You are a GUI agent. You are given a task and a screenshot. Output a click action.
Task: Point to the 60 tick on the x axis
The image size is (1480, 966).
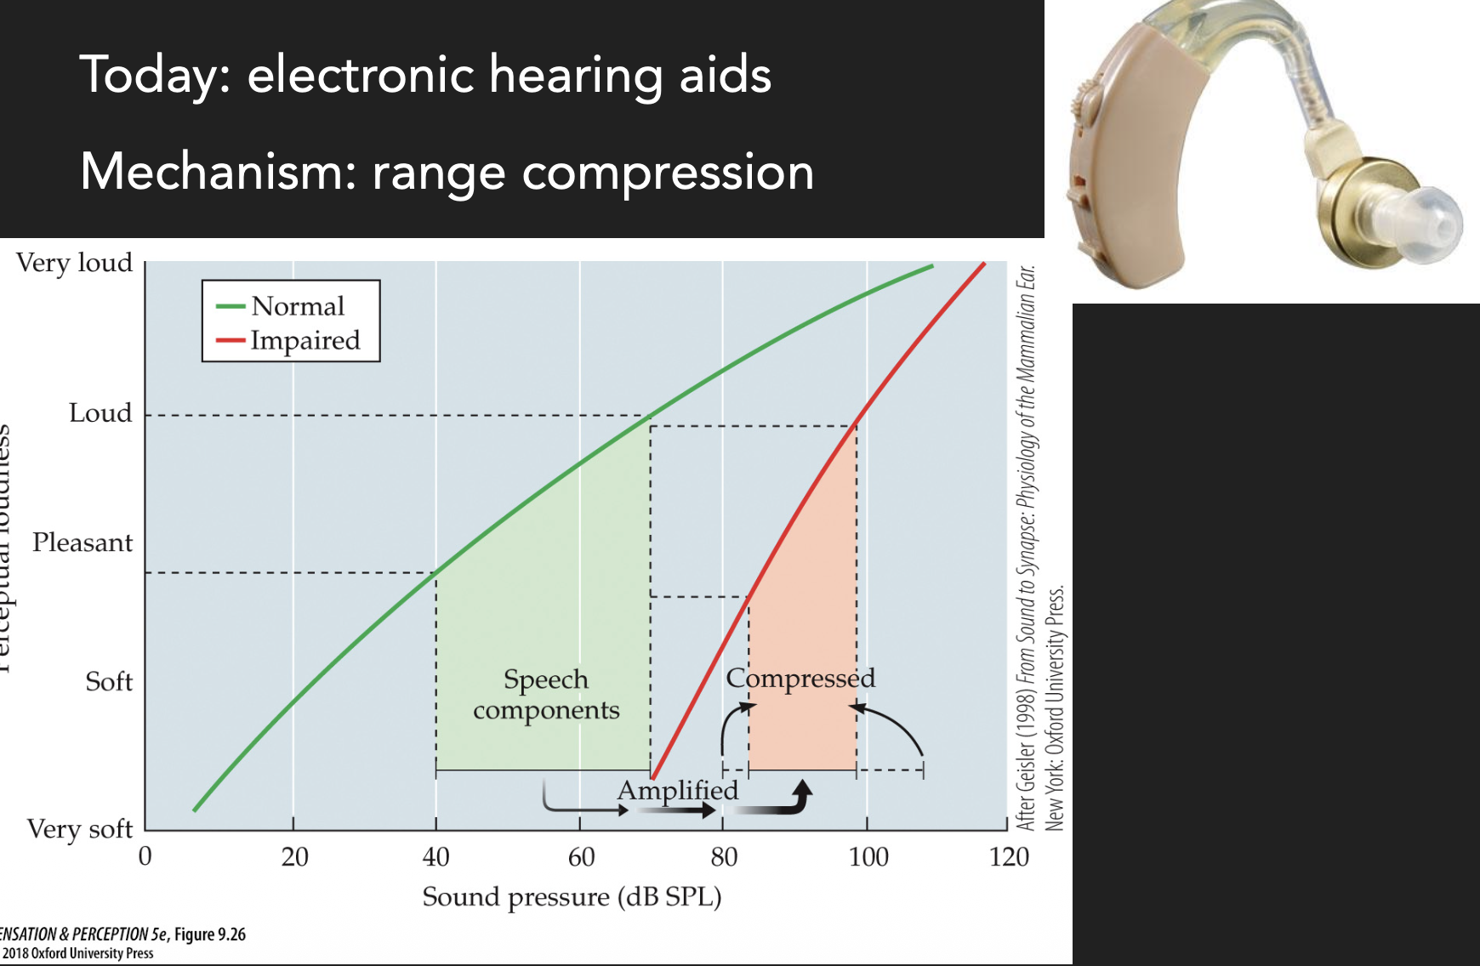point(581,856)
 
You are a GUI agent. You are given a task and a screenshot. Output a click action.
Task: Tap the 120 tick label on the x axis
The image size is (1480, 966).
point(1009,856)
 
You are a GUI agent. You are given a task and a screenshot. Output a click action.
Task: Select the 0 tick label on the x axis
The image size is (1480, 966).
point(145,856)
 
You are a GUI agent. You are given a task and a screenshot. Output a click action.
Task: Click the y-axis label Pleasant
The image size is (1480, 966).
point(83,543)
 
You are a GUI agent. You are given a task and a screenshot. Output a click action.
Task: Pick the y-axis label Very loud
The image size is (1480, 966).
point(75,263)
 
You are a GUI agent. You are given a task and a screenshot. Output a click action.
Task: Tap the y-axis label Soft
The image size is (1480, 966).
point(109,682)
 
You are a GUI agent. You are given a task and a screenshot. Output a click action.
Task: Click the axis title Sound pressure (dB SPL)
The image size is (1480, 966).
point(572,897)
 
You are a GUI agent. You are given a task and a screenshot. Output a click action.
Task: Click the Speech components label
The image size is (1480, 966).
point(546,694)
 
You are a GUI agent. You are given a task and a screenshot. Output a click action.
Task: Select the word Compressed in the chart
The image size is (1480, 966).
point(800,678)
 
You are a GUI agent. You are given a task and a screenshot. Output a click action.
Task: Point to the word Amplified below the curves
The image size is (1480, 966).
point(678,790)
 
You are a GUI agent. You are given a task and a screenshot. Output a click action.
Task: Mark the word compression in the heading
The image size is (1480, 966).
point(668,172)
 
